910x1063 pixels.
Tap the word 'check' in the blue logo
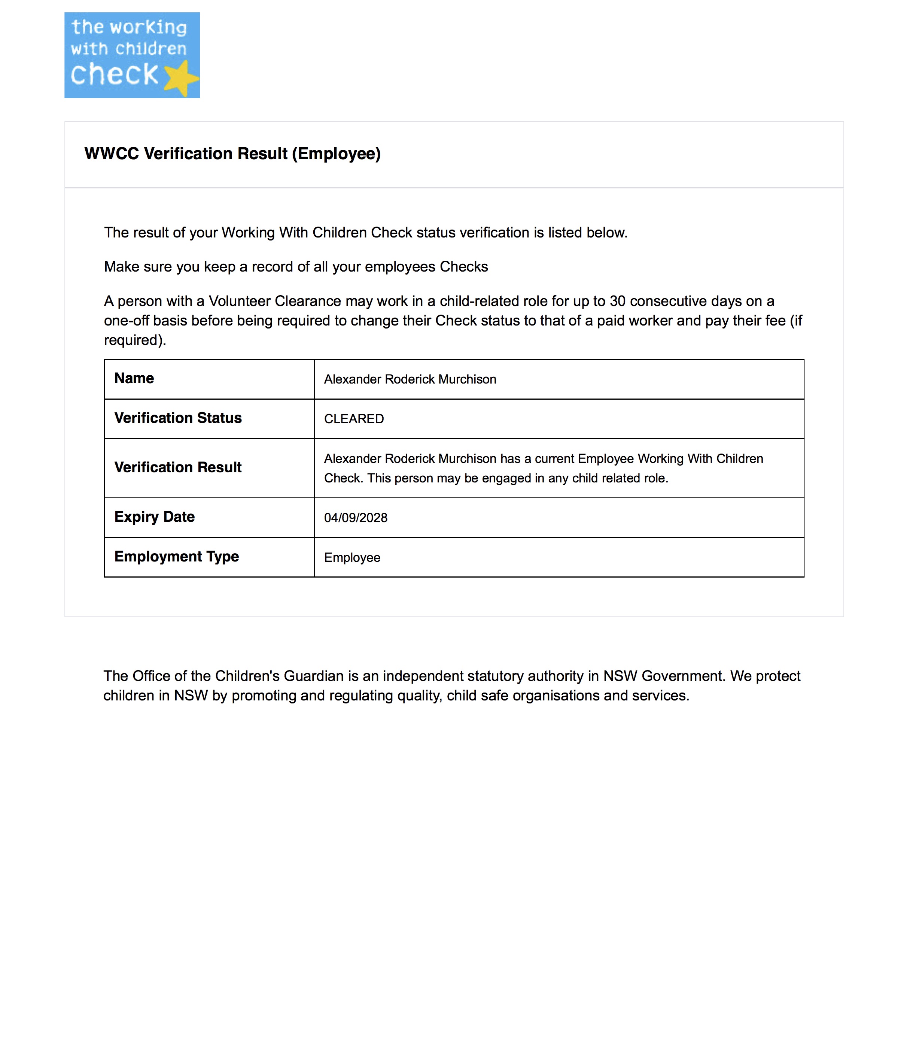pyautogui.click(x=114, y=75)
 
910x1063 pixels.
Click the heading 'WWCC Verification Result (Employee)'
pyautogui.click(x=232, y=154)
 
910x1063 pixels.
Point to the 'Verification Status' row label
pyautogui.click(x=178, y=418)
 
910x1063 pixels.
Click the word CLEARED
pyautogui.click(x=354, y=419)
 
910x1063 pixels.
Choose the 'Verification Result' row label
pyautogui.click(x=178, y=467)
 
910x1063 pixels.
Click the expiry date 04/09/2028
pyautogui.click(x=356, y=518)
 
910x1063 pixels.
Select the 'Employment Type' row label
pyautogui.click(x=176, y=557)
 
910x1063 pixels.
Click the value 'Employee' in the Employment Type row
pyautogui.click(x=352, y=558)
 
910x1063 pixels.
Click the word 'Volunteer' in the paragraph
pyautogui.click(x=240, y=301)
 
